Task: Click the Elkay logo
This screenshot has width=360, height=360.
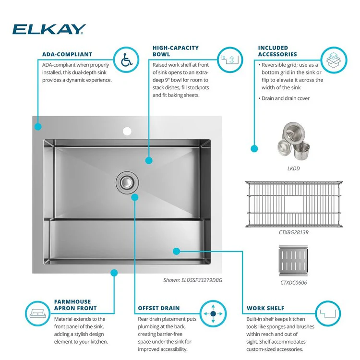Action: pyautogui.click(x=49, y=29)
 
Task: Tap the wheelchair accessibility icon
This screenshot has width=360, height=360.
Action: pyautogui.click(x=127, y=60)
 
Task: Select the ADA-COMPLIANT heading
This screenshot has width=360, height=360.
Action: pyautogui.click(x=67, y=54)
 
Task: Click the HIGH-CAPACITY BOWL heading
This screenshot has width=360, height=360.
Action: pyautogui.click(x=176, y=51)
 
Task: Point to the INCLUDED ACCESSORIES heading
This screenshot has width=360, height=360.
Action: pyautogui.click(x=277, y=51)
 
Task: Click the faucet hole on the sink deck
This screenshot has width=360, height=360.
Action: pyautogui.click(x=127, y=131)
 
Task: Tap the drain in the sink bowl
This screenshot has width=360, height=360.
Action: pyautogui.click(x=127, y=182)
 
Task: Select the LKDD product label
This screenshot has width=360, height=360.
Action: pyautogui.click(x=293, y=168)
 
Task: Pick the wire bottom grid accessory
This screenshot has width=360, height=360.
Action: pyautogui.click(x=294, y=204)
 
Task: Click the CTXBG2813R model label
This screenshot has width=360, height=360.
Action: pyautogui.click(x=294, y=232)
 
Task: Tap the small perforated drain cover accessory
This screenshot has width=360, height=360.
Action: pyautogui.click(x=293, y=261)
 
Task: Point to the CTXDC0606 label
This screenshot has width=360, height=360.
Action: pyautogui.click(x=293, y=283)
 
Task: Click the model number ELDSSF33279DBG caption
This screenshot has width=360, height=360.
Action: pyautogui.click(x=192, y=280)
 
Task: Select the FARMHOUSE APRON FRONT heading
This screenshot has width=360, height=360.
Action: pyautogui.click(x=75, y=305)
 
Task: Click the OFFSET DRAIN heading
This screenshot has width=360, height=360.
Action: pyautogui.click(x=159, y=308)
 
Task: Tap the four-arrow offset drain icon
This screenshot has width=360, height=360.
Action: pyautogui.click(x=213, y=313)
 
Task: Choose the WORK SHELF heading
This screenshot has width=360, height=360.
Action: pyautogui.click(x=265, y=308)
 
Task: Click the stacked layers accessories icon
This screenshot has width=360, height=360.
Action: pyautogui.click(x=334, y=60)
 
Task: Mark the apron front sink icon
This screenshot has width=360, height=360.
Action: pyautogui.click(x=37, y=313)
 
